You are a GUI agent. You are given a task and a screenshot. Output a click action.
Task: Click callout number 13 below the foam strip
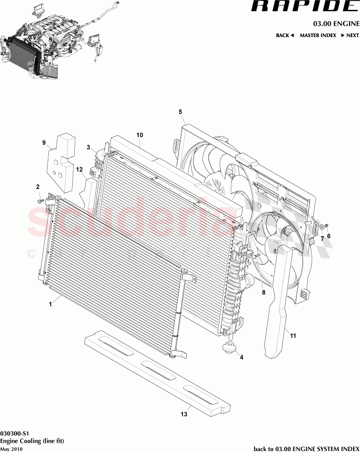point(184,414)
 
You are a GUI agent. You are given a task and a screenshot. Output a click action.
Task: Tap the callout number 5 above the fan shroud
point(180,112)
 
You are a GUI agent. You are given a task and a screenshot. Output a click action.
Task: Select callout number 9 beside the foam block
point(43,143)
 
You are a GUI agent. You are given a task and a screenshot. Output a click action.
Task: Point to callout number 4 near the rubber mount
point(241,357)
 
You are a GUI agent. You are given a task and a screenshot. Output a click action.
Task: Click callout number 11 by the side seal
point(293,335)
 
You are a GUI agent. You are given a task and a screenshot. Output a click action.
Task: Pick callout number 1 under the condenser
point(50,304)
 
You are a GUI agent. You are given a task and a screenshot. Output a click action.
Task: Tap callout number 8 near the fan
point(263,293)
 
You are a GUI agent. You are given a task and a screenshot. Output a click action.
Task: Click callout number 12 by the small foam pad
point(78,169)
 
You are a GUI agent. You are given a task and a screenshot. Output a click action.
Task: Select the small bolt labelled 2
point(40,200)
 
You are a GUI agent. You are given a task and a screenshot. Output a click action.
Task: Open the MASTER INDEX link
point(318,35)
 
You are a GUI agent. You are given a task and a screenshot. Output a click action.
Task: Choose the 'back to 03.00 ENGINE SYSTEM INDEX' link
point(306,449)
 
